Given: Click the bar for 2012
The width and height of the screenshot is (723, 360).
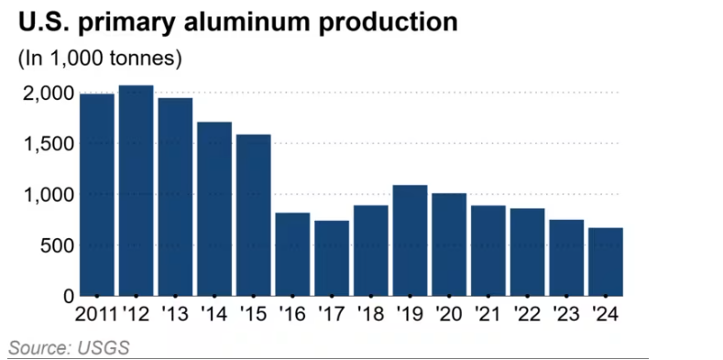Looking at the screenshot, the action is [x=136, y=191].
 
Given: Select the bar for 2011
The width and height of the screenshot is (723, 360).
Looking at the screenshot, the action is [x=97, y=195].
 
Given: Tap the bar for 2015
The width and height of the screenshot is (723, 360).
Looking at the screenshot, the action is [x=254, y=215].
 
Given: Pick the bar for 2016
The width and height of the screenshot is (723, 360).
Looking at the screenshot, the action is [x=293, y=255].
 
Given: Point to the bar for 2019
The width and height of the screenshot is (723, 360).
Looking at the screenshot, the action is [x=410, y=241].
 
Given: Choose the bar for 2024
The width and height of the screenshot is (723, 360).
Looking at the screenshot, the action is [x=606, y=262].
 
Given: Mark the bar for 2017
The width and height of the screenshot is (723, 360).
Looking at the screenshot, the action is [x=332, y=258].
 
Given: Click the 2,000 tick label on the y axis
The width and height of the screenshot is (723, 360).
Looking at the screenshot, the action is [x=48, y=93].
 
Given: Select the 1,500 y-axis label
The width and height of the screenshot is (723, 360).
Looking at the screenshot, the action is [x=49, y=145].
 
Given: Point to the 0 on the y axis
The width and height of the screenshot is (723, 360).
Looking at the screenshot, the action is [x=69, y=297].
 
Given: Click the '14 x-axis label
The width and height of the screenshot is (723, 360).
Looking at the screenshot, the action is [x=214, y=314].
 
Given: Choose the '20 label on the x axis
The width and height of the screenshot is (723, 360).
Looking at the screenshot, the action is [x=449, y=314].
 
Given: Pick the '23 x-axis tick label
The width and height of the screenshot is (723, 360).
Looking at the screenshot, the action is [x=566, y=314].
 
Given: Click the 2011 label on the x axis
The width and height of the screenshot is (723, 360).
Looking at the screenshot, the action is [x=96, y=314].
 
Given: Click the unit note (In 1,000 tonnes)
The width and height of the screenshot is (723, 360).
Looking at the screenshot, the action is [x=100, y=60].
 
